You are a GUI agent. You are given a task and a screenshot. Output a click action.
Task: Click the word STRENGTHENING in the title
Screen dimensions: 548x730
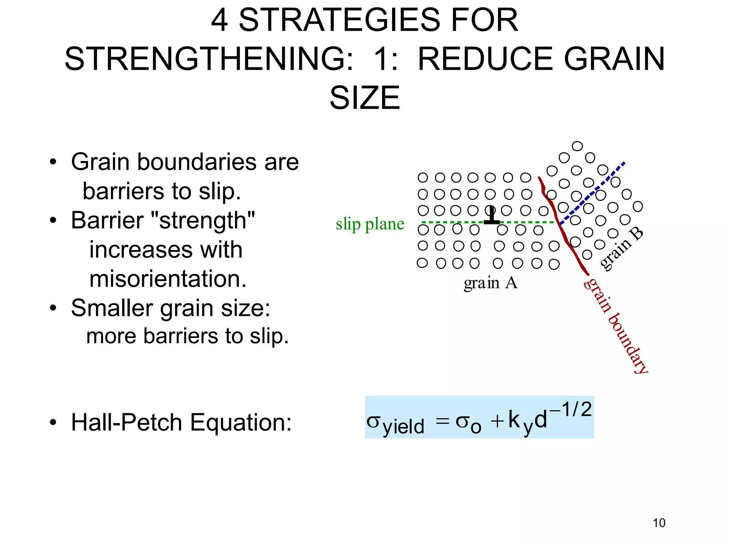209,59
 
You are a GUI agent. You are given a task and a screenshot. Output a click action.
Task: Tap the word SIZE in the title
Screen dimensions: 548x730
365,98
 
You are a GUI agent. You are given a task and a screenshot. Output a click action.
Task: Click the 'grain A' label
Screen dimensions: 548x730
490,283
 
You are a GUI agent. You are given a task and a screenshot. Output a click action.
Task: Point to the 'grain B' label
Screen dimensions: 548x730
621,249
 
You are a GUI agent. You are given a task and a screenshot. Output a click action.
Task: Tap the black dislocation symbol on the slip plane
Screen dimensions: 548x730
491,216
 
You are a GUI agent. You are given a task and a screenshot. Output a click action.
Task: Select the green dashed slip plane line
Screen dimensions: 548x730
528,222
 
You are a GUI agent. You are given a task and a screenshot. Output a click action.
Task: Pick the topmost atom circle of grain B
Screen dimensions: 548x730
577,146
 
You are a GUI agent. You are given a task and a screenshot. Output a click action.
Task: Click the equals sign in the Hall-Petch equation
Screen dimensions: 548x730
442,421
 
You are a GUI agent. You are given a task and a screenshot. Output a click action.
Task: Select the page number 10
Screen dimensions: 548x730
659,523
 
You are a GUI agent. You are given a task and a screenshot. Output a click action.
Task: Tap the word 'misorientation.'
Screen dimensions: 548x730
168,279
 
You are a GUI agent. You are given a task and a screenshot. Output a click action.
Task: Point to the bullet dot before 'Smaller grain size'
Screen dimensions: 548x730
53,308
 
